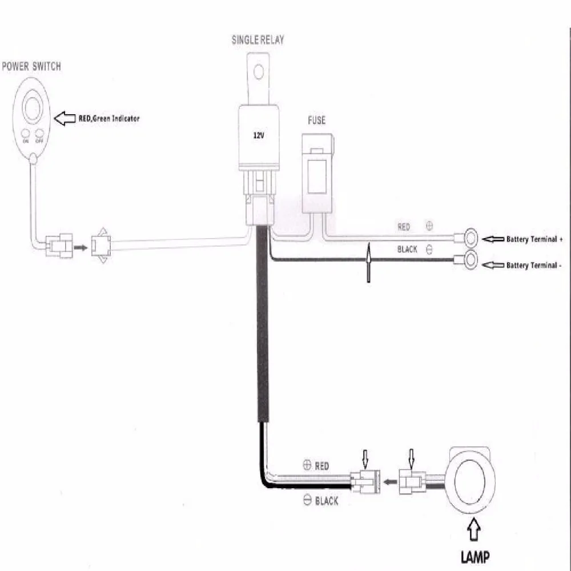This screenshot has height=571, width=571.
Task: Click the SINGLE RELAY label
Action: (x=258, y=40)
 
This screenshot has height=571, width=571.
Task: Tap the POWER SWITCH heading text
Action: (x=31, y=66)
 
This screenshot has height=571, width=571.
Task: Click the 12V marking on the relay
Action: (x=258, y=135)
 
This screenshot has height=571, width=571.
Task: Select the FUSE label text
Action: (x=316, y=120)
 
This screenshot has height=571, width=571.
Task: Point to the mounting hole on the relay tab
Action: (x=259, y=72)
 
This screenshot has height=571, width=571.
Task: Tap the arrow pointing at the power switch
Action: (x=65, y=118)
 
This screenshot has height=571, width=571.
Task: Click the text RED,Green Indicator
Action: (x=109, y=118)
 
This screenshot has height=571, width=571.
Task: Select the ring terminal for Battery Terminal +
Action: (x=471, y=238)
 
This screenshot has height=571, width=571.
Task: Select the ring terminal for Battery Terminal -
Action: (x=471, y=260)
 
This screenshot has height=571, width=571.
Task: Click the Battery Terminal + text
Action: (x=534, y=239)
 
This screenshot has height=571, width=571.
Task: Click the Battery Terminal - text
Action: (x=533, y=265)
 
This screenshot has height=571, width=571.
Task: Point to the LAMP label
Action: (x=475, y=557)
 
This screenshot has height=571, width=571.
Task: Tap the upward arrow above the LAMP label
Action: (x=473, y=529)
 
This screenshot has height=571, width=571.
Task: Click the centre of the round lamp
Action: (x=470, y=480)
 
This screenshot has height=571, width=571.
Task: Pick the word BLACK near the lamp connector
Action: (x=327, y=501)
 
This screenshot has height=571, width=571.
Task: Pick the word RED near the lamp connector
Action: (x=322, y=466)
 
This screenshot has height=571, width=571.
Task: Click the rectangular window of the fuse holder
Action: (x=316, y=176)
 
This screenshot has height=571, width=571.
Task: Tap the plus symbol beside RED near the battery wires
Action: (x=429, y=226)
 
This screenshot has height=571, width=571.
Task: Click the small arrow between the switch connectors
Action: (x=81, y=248)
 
